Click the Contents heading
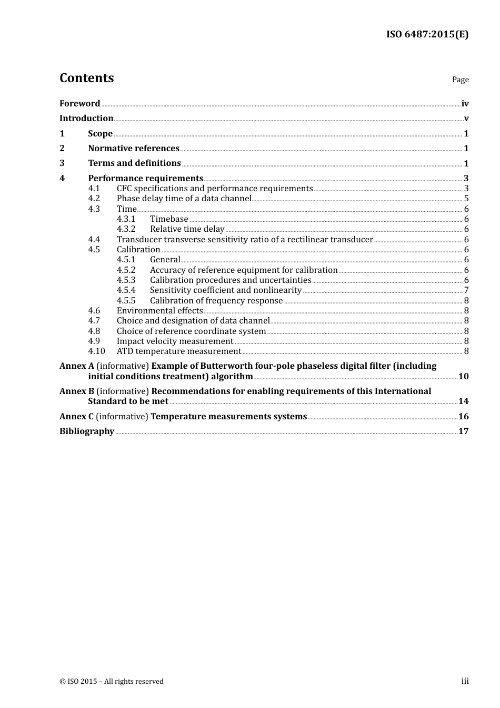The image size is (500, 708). pos(86,78)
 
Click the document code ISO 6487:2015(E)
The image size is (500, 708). pos(427,34)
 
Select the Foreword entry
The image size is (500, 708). pos(79,104)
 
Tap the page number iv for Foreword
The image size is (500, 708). pos(465,104)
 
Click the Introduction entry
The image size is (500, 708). pos(86,119)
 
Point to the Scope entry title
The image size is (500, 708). pos(100,134)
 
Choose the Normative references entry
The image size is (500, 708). pos(134,149)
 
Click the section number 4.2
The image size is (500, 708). pos(94,199)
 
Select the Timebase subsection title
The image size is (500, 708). pos(169,219)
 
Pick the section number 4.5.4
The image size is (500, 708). pos(126,290)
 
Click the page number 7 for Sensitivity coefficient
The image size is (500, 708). pos(466,290)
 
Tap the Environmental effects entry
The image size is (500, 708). pos(159,311)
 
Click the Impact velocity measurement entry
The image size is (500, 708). pos(175,341)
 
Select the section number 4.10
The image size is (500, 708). pos(96,351)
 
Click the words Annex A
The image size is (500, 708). pos(77,366)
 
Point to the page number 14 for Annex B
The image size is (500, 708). pos(463,401)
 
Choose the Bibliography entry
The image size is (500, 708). pos(87,431)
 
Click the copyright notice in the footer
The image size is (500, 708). pos(112,682)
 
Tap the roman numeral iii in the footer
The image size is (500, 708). pos(465,681)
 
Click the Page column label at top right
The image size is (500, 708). pos(460,80)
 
